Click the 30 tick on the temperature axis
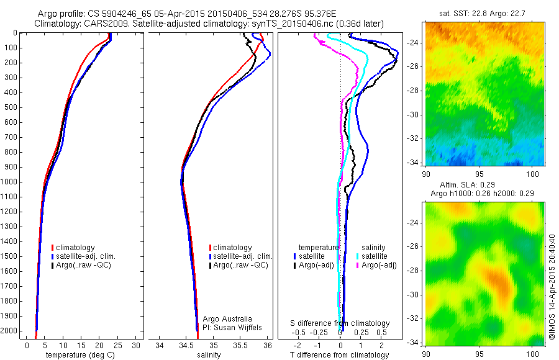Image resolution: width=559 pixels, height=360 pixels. tap(137, 344)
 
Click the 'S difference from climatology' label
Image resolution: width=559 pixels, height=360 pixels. tap(340, 323)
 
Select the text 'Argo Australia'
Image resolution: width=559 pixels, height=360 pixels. tap(228, 319)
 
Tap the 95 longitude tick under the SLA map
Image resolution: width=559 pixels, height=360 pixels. tap(479, 354)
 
